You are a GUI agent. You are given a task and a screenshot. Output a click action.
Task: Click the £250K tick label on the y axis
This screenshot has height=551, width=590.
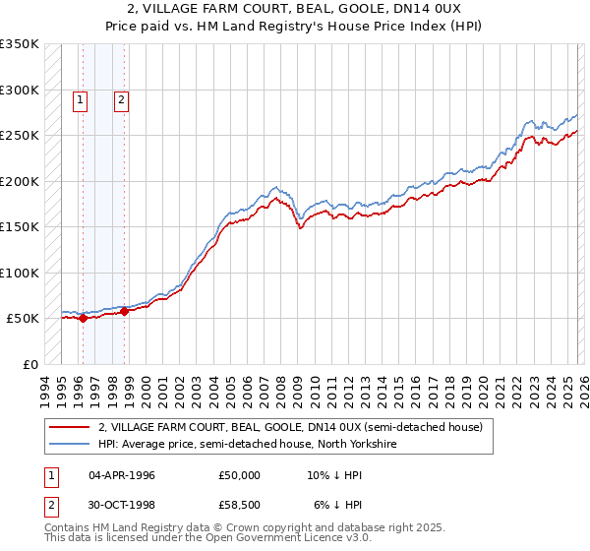[x=19, y=136]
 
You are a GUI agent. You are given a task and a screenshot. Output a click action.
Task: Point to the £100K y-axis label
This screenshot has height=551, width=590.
[x=19, y=273]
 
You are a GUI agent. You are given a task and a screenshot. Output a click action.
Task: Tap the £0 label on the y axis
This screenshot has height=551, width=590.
[x=29, y=364]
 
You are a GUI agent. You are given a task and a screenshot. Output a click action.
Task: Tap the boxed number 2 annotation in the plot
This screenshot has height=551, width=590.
[x=121, y=98]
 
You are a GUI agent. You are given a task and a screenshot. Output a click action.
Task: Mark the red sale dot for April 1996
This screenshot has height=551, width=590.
[x=83, y=318]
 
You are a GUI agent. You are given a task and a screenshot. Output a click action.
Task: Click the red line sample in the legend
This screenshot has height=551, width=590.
[x=70, y=428]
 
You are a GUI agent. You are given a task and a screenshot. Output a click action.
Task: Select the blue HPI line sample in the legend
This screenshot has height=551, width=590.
[x=70, y=445]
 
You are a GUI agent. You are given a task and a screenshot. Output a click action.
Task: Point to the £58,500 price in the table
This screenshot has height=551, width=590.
[x=240, y=507]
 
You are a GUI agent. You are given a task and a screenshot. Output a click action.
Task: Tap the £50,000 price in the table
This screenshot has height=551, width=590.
[x=240, y=475]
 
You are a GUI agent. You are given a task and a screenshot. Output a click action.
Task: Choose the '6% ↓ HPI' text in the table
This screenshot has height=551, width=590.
[x=334, y=507]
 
